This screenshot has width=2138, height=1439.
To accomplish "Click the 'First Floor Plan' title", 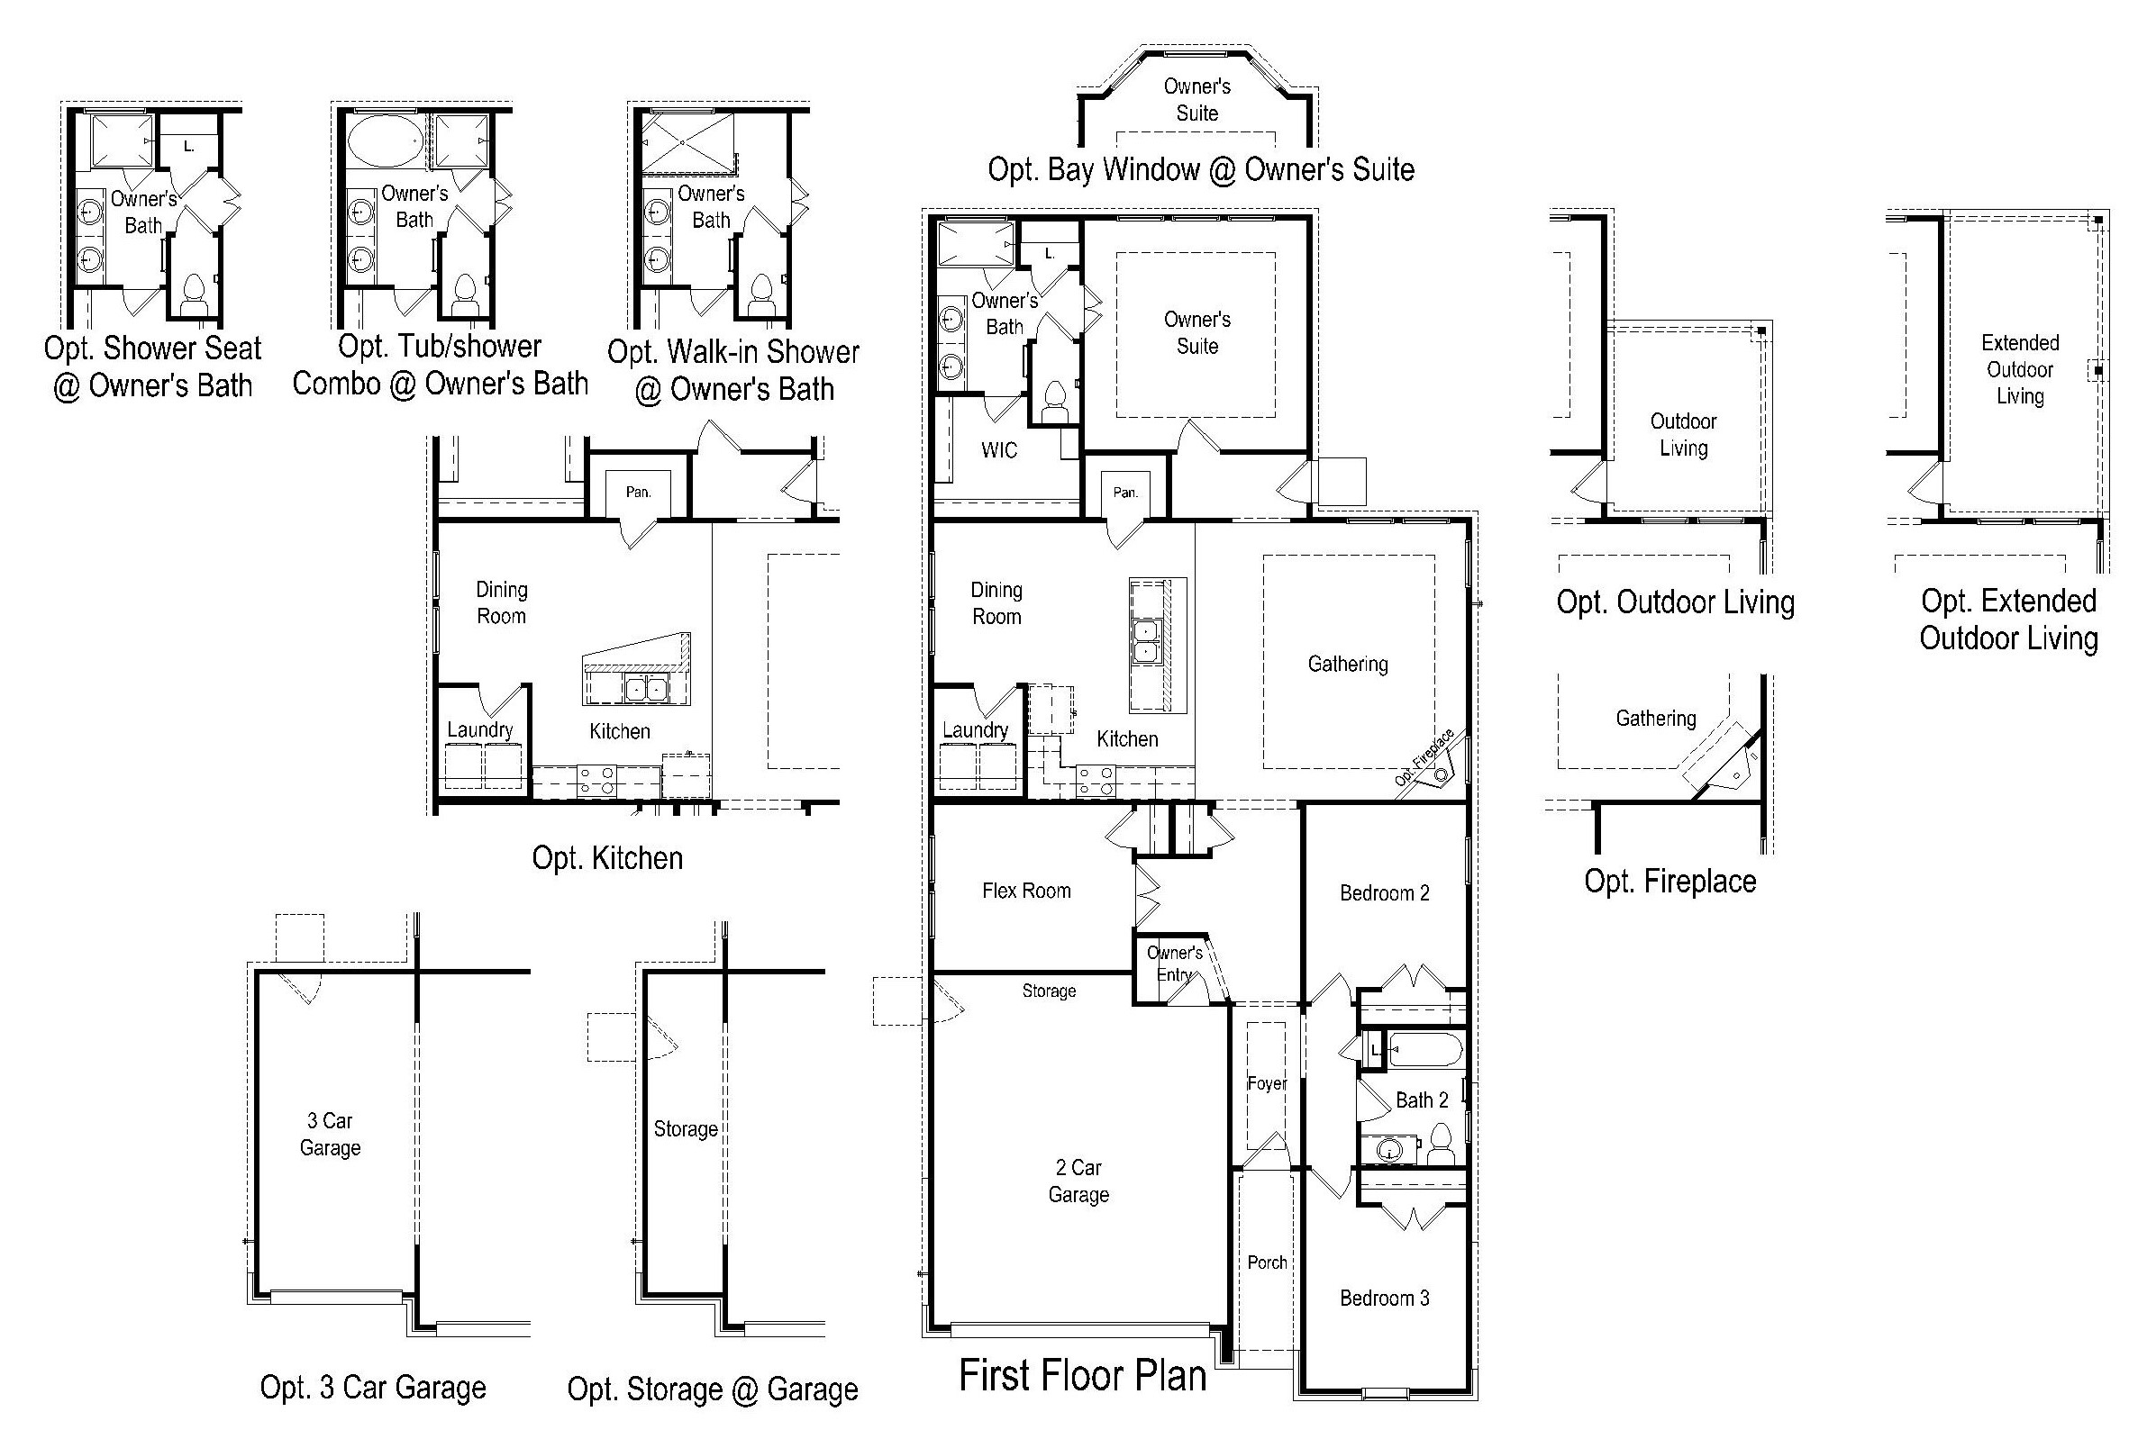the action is tap(1082, 1376).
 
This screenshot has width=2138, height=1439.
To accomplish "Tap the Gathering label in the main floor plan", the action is tap(1348, 664).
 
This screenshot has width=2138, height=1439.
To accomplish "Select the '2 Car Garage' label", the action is tap(1078, 1181).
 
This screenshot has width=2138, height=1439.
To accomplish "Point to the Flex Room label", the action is tap(1026, 891).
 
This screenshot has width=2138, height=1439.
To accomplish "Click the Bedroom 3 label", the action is tap(1384, 1298).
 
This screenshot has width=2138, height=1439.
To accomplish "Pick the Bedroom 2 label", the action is tap(1384, 893).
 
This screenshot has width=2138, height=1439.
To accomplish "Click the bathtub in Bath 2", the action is tap(1425, 1050).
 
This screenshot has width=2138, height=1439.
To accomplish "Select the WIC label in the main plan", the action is tap(999, 449).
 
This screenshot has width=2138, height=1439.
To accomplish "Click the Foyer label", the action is tap(1267, 1083).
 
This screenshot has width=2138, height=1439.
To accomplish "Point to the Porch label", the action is tap(1267, 1262).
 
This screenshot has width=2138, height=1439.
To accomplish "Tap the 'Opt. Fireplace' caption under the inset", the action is tap(1669, 881).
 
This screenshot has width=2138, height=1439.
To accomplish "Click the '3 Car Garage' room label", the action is tap(331, 1135).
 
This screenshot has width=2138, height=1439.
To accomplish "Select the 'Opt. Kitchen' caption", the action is tap(608, 858).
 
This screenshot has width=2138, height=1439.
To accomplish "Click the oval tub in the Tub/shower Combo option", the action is tap(387, 140).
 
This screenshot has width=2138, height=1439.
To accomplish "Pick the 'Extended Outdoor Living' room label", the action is tap(2021, 369).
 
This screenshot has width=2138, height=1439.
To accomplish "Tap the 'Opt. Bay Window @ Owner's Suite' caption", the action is tap(1201, 170).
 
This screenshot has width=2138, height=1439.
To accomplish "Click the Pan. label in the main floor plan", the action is tap(1125, 492).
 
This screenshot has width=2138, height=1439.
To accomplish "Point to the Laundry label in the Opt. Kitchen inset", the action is tap(480, 729).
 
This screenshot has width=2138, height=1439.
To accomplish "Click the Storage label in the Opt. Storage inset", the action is tap(686, 1129).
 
